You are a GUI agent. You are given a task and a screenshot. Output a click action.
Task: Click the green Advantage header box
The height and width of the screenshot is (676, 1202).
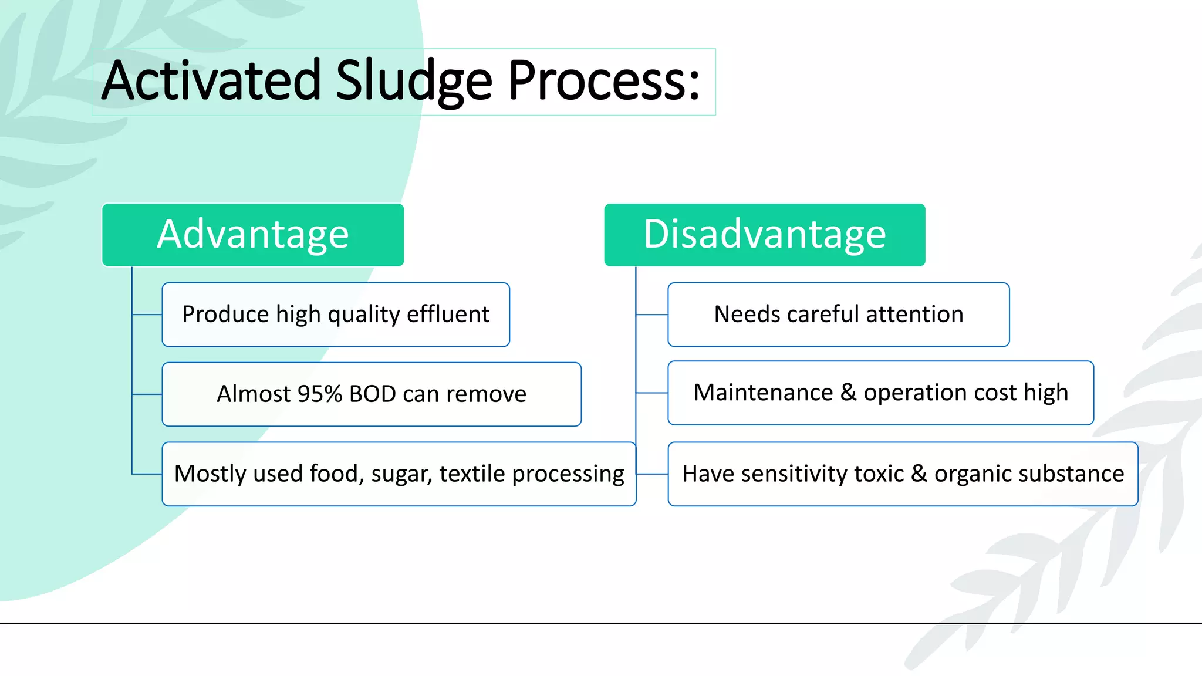tap(253, 235)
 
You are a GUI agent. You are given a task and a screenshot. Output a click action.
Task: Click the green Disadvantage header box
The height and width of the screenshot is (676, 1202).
tap(764, 235)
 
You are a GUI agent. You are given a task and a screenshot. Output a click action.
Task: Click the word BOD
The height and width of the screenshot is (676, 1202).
tap(372, 394)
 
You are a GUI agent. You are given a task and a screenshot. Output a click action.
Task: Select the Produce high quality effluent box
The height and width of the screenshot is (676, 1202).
tap(336, 315)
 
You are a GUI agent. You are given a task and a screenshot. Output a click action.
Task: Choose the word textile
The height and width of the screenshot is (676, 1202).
tap(472, 474)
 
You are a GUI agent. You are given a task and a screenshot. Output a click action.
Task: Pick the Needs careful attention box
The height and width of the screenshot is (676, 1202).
tap(838, 315)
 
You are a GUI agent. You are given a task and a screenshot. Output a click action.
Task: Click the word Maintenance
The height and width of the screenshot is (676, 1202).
tap(763, 393)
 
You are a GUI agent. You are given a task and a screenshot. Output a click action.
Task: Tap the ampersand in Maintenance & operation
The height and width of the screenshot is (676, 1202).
tap(848, 393)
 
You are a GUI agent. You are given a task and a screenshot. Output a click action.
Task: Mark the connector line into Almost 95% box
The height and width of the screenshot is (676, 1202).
tap(147, 394)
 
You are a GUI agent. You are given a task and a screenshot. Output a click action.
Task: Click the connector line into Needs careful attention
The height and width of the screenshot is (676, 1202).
tap(652, 315)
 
